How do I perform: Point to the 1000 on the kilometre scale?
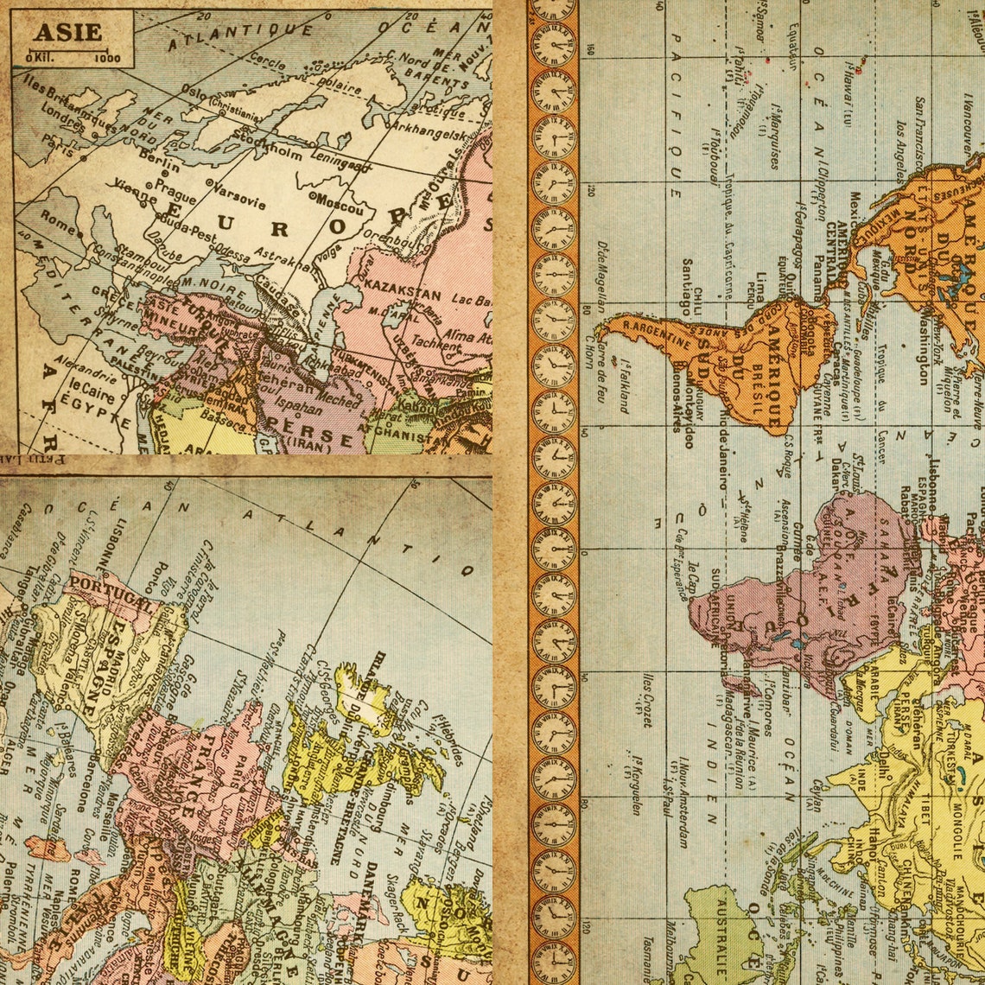[109, 59]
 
